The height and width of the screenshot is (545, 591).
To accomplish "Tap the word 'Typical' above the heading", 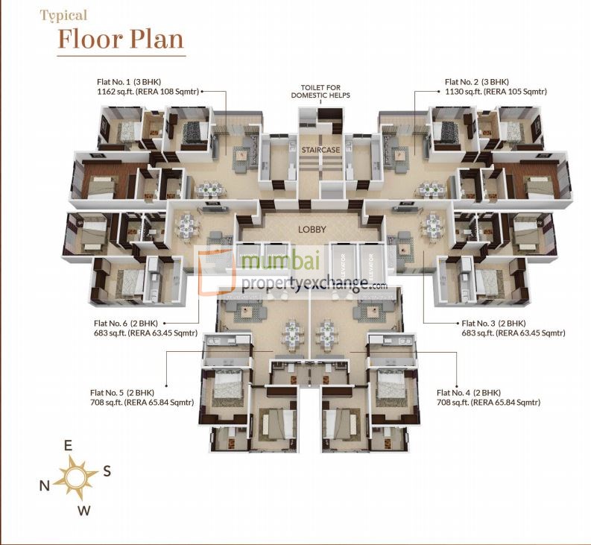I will point(63,15).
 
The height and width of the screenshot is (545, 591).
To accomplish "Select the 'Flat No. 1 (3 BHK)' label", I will point(129,82).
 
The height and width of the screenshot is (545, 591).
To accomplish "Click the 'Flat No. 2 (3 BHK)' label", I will point(476,82).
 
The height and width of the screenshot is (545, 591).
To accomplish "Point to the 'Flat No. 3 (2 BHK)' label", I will point(494,323).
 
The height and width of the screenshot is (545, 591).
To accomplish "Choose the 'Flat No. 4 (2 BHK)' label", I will point(469,392).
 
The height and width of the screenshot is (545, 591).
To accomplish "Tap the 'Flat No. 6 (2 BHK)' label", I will point(126,323).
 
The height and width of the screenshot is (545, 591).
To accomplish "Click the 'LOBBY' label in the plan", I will point(312,230).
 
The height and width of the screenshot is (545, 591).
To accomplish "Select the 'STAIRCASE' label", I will point(320,150).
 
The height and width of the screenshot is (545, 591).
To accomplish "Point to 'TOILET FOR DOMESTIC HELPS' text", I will point(320,92).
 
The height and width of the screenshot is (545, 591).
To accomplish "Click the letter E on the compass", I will point(68,446).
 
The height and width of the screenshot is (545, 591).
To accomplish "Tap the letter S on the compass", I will point(107,470).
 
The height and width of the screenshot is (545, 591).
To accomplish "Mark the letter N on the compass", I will point(45,485).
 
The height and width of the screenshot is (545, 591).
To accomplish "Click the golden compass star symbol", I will point(75,477).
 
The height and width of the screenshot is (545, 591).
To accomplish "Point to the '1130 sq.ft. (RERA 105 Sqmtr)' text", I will point(496,92).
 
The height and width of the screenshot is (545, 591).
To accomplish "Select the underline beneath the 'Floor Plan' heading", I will point(121,55).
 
